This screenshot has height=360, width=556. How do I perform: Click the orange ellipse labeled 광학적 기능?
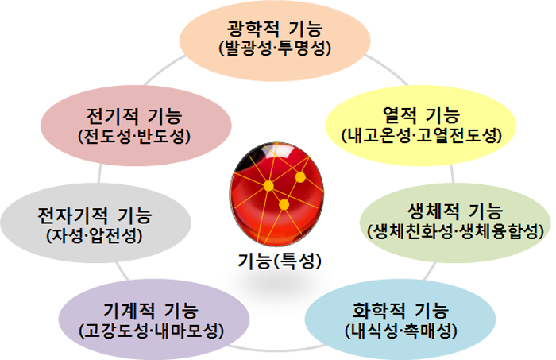(x=275, y=41)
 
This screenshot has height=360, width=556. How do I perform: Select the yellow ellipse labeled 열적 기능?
(x=421, y=126)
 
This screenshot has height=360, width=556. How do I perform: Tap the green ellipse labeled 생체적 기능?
(x=456, y=223)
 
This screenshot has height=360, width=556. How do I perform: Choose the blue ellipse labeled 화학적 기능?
(x=400, y=319)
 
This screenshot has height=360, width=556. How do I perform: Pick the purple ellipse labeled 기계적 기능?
(x=154, y=319)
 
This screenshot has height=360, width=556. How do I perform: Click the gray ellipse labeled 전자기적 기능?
(x=96, y=223)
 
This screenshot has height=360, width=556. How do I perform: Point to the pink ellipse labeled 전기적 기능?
(x=136, y=126)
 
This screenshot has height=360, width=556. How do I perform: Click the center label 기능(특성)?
(x=280, y=261)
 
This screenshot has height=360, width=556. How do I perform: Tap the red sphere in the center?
(x=276, y=194)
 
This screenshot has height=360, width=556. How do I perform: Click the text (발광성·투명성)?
(x=275, y=48)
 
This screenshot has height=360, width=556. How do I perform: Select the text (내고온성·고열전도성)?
(x=422, y=135)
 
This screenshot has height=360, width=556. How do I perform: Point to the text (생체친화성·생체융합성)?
(x=456, y=232)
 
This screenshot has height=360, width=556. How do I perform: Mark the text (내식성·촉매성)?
(x=401, y=331)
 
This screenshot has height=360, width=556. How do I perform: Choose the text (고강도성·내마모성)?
(x=152, y=331)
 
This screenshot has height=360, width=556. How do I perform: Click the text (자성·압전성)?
(x=95, y=235)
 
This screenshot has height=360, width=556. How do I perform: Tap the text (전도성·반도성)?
(x=134, y=136)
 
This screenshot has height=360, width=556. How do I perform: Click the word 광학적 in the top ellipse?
(x=253, y=29)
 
